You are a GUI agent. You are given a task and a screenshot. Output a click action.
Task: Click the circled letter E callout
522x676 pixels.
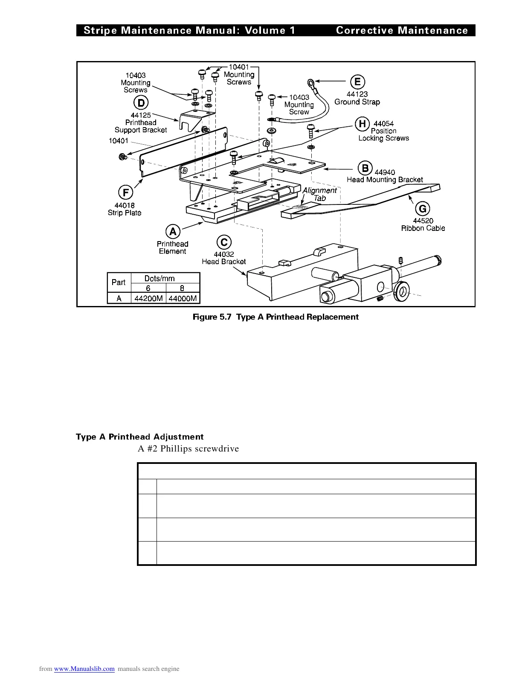pos(357,82)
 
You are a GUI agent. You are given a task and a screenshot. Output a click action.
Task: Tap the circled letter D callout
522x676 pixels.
pos(141,103)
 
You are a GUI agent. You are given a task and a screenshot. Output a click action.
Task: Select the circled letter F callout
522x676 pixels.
pos(125,192)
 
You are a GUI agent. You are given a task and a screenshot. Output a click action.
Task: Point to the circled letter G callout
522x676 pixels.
pos(423,209)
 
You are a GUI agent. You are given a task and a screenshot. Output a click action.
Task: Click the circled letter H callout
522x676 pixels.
pos(362,124)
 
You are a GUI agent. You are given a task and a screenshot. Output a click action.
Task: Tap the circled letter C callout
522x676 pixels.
pos(224,242)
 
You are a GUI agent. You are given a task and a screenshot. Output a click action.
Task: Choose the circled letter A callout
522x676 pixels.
pos(173,231)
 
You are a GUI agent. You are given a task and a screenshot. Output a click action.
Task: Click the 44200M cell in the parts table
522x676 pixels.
pos(148,298)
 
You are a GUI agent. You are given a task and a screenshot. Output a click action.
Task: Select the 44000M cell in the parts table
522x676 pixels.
pos(183,298)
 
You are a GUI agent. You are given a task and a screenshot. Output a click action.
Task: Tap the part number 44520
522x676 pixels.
pos(423,221)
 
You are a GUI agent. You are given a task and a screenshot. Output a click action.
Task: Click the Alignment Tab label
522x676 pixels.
pos(319,194)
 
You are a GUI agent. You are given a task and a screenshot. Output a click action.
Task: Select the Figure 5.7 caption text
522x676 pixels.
pos(275,317)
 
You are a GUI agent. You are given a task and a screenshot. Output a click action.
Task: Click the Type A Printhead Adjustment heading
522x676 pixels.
pos(139,437)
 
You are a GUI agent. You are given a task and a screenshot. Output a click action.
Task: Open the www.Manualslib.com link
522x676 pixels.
pos(84,669)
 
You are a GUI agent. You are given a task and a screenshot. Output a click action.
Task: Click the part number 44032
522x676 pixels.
pos(224,254)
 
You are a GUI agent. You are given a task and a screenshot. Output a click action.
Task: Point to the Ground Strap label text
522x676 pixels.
pos(357,102)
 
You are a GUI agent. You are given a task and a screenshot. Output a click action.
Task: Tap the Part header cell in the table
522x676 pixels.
pos(119,282)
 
